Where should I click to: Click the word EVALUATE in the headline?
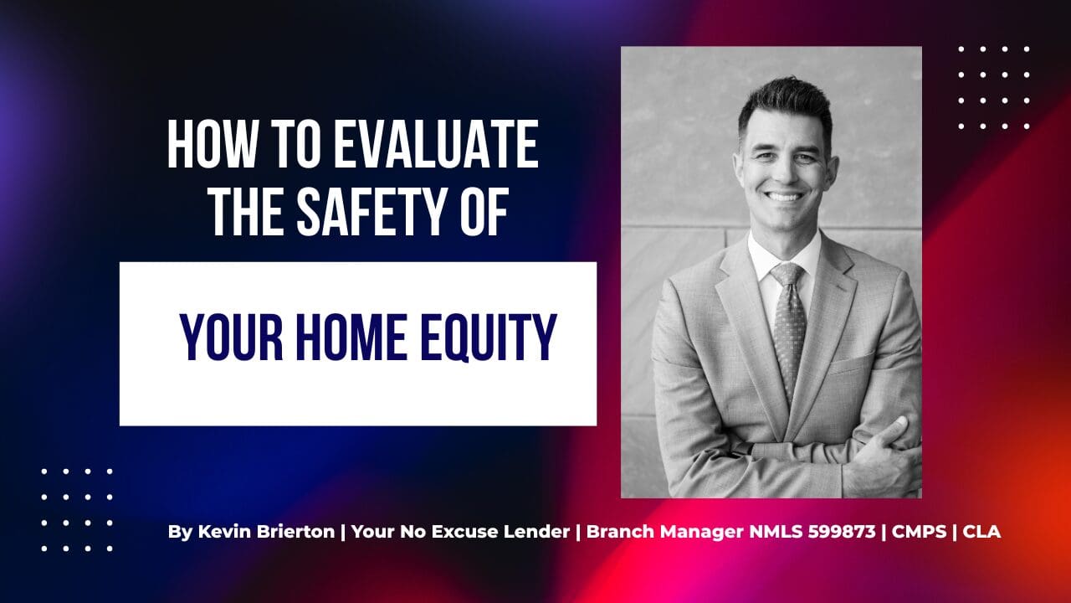pyautogui.click(x=436, y=144)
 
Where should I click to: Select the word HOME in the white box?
pyautogui.click(x=351, y=338)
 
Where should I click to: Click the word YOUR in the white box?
pyautogui.click(x=232, y=338)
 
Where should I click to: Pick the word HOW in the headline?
pyautogui.click(x=212, y=144)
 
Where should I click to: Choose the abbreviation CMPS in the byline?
pyautogui.click(x=919, y=532)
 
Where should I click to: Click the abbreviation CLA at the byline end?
pyautogui.click(x=981, y=532)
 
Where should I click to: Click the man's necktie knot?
pyautogui.click(x=787, y=275)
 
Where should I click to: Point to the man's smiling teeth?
pyautogui.click(x=784, y=196)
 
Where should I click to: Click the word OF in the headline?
pyautogui.click(x=482, y=211)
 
